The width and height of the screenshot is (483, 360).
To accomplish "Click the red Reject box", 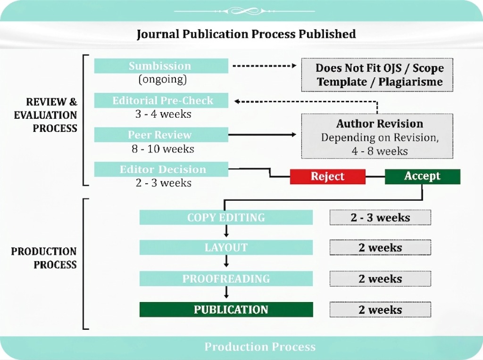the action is pos(328,176).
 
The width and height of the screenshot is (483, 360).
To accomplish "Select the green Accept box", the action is pos(423,176).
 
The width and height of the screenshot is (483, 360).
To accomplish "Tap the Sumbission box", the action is pos(161,66).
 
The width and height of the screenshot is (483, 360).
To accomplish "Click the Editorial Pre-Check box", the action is pos(161,100).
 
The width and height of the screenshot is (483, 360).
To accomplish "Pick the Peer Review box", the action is pos(161,135).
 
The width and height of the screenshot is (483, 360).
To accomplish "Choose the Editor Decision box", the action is pos(161,169).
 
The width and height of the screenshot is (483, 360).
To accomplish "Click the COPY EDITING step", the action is pos(226,218).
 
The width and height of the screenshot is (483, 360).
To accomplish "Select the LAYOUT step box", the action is pos(226,247).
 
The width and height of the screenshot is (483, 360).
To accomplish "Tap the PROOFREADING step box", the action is pos(226,278).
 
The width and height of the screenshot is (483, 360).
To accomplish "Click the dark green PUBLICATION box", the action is pos(226,310).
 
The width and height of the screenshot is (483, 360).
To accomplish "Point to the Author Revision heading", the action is pos(380,124).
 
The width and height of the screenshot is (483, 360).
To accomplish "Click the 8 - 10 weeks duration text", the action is pos(163,149).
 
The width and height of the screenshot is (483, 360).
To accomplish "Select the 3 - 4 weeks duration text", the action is pos(163,114).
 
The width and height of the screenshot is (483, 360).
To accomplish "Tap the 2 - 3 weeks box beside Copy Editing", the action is pos(380,218).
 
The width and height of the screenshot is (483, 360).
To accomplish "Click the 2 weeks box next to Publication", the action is pos(380,310).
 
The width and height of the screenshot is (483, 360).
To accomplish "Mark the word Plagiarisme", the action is pos(410,82).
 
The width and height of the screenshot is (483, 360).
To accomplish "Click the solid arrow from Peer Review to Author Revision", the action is pos(262,134).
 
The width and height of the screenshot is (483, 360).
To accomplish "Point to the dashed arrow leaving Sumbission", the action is pos(265,65).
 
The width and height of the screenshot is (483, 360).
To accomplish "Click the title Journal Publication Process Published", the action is pos(246,34).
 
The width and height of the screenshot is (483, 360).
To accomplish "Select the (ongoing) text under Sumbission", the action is pos(163,79).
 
